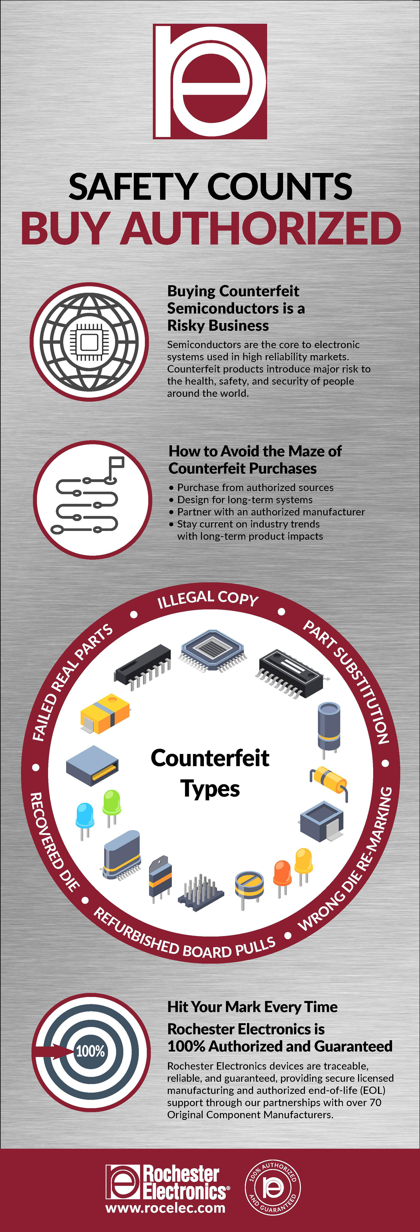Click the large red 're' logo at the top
tap(210, 81)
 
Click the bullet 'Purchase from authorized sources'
tap(255, 487)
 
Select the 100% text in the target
tap(90, 1051)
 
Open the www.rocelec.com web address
tap(165, 1208)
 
